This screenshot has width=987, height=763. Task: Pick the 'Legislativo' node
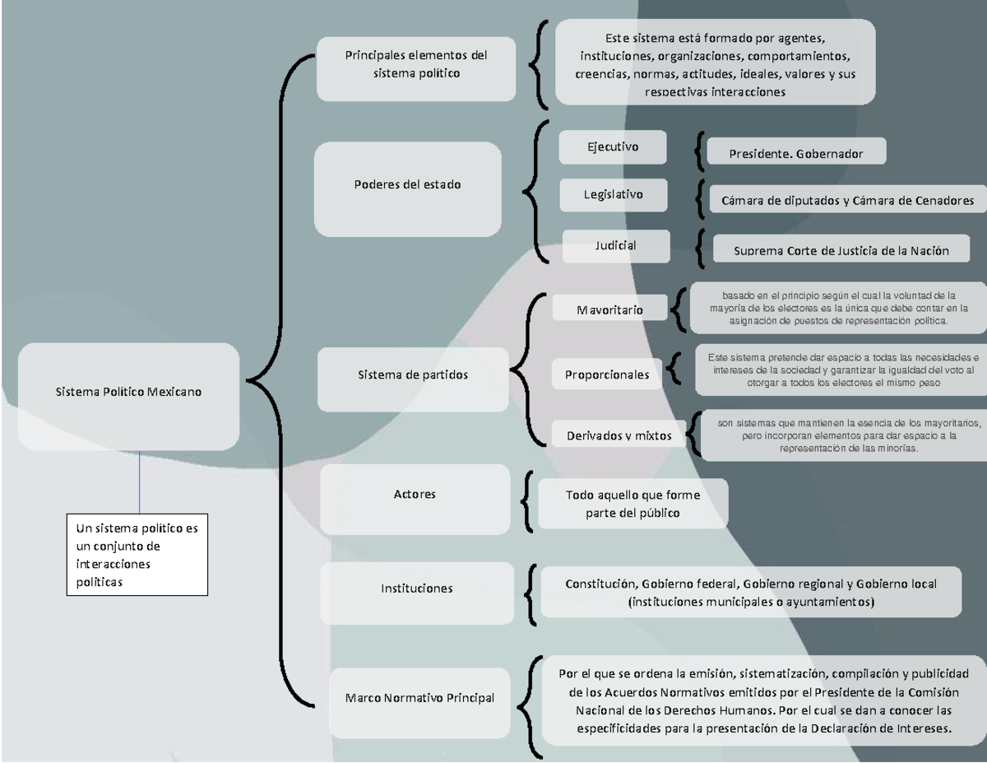(x=614, y=195)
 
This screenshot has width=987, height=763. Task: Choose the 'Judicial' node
(x=616, y=244)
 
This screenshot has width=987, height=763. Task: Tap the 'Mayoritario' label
(x=609, y=310)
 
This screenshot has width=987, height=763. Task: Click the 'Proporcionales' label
(x=607, y=375)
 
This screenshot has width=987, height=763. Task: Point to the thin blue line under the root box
(x=140, y=482)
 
